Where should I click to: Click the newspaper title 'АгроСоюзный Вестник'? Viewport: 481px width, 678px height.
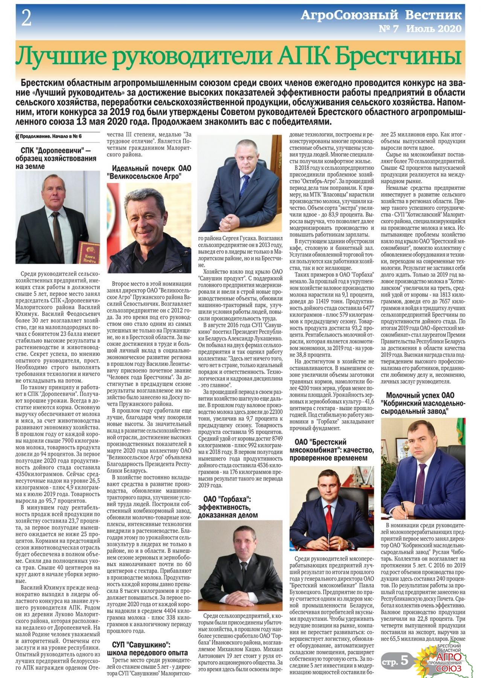[x=381, y=15]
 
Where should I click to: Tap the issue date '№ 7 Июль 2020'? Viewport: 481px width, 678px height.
[x=420, y=29]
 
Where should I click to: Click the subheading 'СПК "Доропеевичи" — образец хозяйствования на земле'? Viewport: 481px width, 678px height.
[x=56, y=159]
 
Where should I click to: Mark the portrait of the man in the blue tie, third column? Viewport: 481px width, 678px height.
[x=239, y=183]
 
